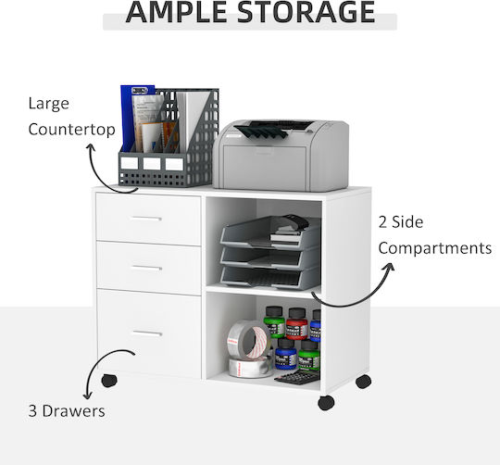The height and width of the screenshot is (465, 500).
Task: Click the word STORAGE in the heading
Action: pyautogui.click(x=306, y=12)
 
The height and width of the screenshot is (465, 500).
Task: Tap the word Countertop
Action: pyautogui.click(x=71, y=130)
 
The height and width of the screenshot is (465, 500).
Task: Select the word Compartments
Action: pyautogui.click(x=435, y=248)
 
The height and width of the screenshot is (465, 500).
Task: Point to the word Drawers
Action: pyautogui.click(x=73, y=410)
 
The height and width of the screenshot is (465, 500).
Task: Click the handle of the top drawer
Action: pyautogui.click(x=146, y=219)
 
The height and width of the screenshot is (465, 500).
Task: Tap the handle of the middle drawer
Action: pyautogui.click(x=146, y=268)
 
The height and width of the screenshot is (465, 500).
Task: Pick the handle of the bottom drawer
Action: pyautogui.click(x=147, y=333)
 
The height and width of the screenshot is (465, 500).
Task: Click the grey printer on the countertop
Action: pyautogui.click(x=281, y=156)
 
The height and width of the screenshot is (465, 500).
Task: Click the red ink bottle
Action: pyautogui.click(x=296, y=323)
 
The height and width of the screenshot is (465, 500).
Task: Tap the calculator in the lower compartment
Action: pyautogui.click(x=297, y=377)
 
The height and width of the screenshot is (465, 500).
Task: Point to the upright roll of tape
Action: pyautogui.click(x=249, y=339)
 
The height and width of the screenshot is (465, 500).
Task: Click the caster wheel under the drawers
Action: pyautogui.click(x=109, y=381)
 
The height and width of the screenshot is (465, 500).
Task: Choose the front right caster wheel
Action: pyautogui.click(x=326, y=403)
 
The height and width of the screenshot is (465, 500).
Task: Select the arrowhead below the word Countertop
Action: pyautogui.click(x=91, y=148)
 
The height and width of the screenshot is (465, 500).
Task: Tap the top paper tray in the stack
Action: pyautogui.click(x=271, y=232)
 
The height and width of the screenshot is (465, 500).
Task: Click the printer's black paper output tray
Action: pyautogui.click(x=261, y=131)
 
